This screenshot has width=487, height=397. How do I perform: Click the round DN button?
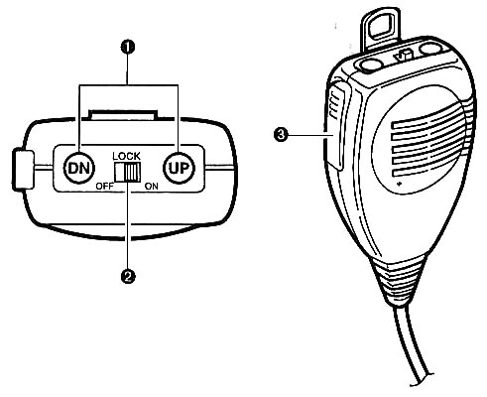[x=79, y=168]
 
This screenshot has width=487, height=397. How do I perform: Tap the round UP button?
[x=180, y=168]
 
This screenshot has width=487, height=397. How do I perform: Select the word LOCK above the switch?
[x=127, y=156]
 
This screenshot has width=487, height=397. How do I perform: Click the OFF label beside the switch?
[x=104, y=187]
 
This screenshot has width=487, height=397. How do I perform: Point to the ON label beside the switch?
[x=152, y=187]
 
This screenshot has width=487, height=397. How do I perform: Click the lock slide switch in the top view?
[x=127, y=172]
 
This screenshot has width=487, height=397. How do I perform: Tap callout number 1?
[x=128, y=48]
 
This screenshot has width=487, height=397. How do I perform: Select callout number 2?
[x=128, y=276]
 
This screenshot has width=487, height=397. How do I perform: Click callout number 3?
[x=281, y=135]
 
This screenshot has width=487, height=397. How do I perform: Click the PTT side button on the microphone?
[x=336, y=126]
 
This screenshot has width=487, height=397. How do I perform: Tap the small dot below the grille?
[x=400, y=184]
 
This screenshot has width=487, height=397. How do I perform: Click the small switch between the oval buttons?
[x=404, y=55]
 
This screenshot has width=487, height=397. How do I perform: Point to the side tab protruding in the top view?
[x=23, y=170]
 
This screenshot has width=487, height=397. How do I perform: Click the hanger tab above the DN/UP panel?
[x=123, y=114]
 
